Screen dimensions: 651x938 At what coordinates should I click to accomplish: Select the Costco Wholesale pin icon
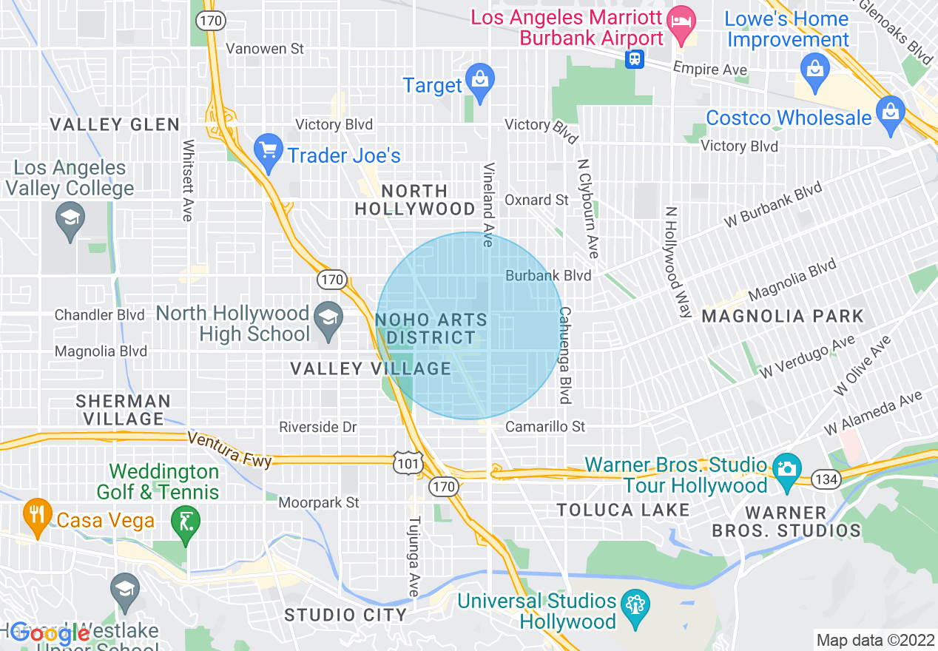point(890,112)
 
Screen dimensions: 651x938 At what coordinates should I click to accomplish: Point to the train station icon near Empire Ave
point(634,59)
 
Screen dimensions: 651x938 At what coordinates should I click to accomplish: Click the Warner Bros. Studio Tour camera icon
point(787,470)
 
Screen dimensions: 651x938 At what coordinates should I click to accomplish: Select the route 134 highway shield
point(826,479)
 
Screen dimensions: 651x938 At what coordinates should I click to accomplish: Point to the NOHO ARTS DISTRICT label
point(432,328)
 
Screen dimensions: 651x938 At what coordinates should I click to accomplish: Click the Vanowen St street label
point(265,49)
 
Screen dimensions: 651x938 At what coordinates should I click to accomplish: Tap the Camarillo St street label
point(545,427)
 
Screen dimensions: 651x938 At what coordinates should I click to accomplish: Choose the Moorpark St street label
point(319,503)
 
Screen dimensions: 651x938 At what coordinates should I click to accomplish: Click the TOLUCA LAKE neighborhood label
point(623,510)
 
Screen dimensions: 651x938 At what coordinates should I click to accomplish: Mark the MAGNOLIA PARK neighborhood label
point(783,317)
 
